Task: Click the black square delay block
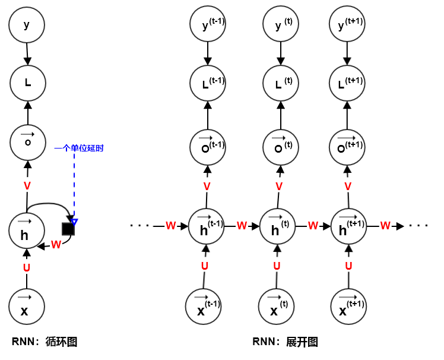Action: tap(69, 228)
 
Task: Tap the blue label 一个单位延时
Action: tap(78, 148)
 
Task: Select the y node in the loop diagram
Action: tap(27, 25)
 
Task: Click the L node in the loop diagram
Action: tap(27, 83)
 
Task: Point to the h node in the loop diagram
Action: tap(27, 230)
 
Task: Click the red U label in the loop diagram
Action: tap(27, 268)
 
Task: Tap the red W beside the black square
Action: tap(56, 244)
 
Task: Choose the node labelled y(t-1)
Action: tap(208, 25)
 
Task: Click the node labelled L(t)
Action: tap(280, 83)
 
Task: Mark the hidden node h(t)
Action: tap(278, 226)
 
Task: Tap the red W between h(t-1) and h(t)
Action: tap(242, 226)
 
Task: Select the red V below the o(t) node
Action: tap(280, 187)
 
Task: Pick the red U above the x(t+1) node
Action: tap(348, 266)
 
